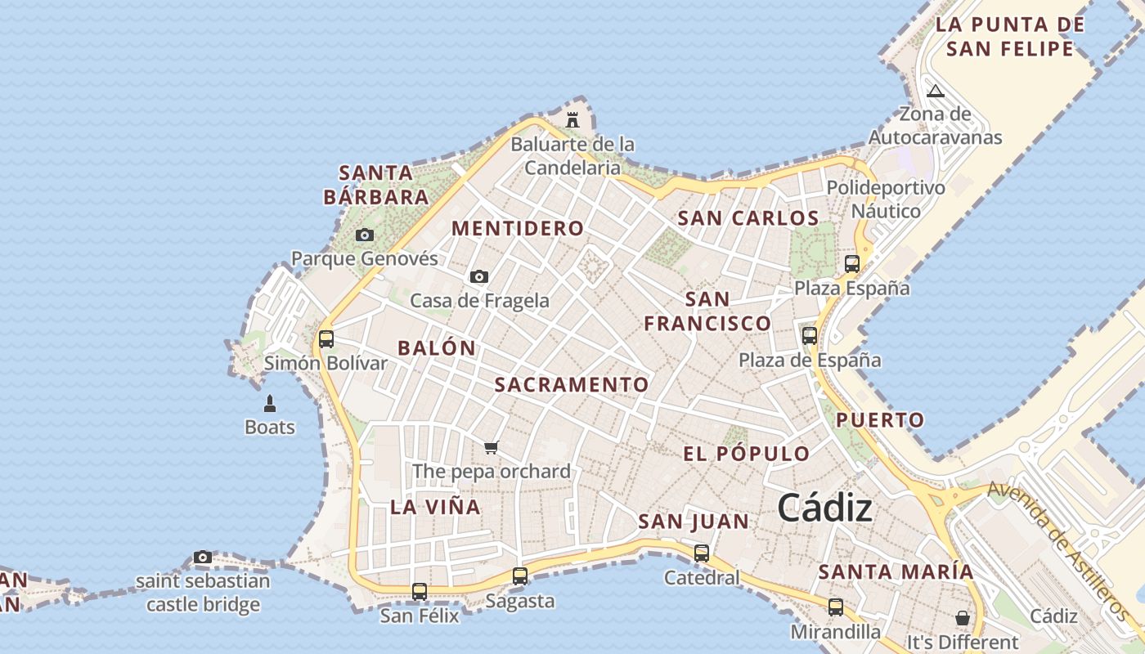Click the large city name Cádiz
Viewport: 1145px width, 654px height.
[824, 508]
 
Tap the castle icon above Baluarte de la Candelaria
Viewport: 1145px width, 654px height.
[572, 120]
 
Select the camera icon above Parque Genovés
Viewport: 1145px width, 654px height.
[365, 235]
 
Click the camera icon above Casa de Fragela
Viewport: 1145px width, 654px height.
[479, 277]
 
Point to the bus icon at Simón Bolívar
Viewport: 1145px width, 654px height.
[326, 338]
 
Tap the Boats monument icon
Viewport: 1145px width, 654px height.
[270, 403]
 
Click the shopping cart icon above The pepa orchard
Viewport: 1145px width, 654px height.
[491, 447]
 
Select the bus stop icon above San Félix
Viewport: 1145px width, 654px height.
[420, 591]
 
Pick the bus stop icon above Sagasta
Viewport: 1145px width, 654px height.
[520, 576]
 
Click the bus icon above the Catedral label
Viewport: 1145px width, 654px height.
[702, 553]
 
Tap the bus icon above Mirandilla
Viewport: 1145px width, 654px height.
[835, 607]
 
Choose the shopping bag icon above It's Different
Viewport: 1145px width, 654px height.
[962, 618]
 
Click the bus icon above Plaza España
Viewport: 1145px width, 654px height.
[852, 263]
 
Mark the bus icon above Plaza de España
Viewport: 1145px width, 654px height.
[810, 335]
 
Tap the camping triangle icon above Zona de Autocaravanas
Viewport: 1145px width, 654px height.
[936, 90]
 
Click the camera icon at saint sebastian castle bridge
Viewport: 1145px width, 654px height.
[203, 558]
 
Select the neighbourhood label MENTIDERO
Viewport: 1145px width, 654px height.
[518, 228]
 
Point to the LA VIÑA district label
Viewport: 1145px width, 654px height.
[435, 507]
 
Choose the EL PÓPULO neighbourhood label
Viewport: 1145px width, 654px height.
[746, 454]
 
